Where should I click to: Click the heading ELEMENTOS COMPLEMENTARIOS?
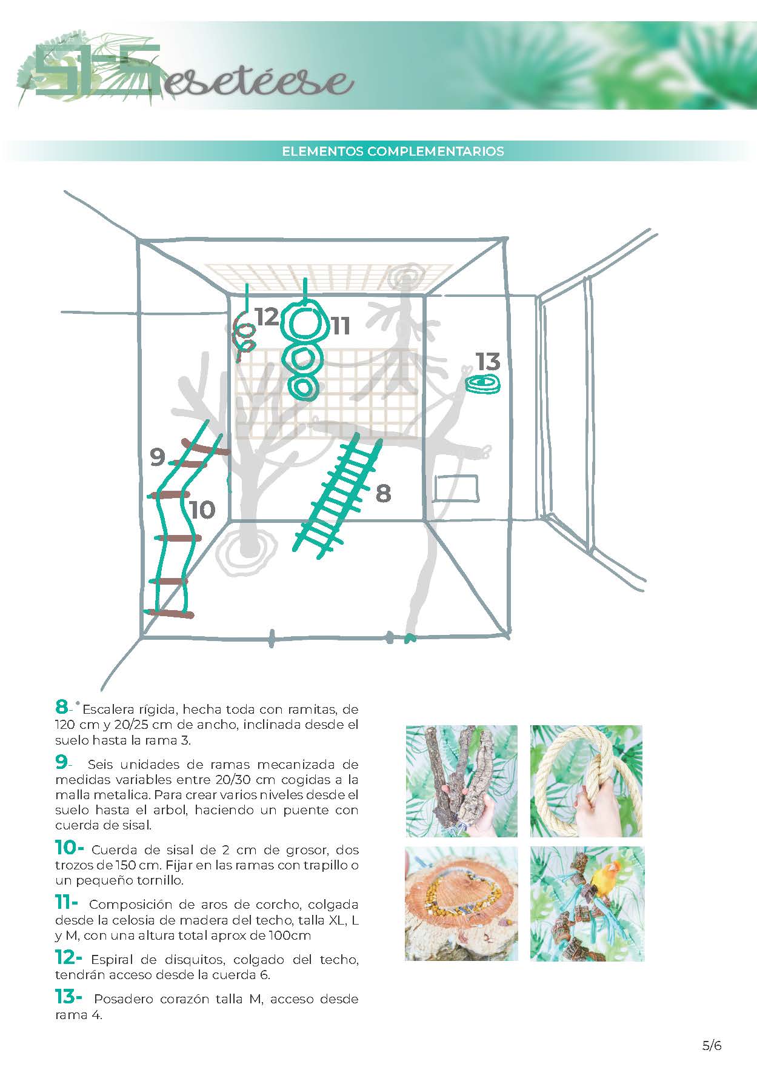(x=393, y=151)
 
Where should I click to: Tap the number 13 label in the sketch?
(x=487, y=362)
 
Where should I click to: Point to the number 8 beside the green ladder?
(x=383, y=493)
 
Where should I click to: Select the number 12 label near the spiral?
(x=266, y=317)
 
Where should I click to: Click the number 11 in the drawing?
(x=341, y=326)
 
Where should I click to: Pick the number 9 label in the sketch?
(x=157, y=457)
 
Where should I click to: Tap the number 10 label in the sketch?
(x=202, y=510)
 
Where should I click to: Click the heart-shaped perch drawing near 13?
(x=483, y=384)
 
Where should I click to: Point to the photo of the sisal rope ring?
(x=586, y=780)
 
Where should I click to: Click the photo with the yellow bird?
(x=587, y=903)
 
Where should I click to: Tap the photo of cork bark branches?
(x=461, y=780)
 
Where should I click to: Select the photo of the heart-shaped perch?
(x=461, y=903)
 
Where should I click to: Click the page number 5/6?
(x=712, y=1045)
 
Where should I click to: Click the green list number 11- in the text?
(x=65, y=903)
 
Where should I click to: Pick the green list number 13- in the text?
(x=68, y=997)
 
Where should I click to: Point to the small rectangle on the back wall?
(x=456, y=488)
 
